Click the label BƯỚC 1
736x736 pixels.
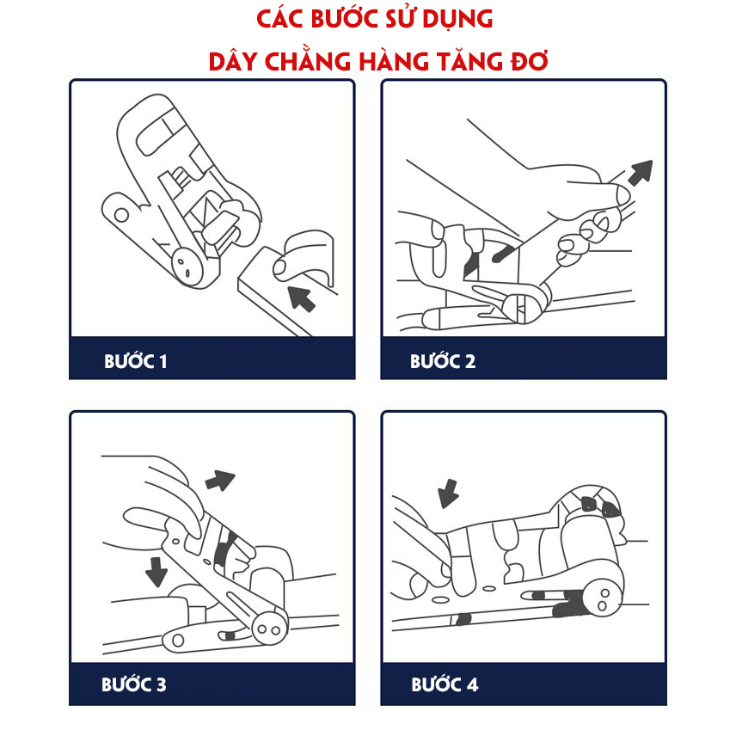tap(135, 361)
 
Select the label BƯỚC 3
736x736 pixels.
tap(133, 685)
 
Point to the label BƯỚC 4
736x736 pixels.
tap(445, 685)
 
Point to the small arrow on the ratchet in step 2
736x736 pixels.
tap(501, 253)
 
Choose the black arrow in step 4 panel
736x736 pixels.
tap(448, 493)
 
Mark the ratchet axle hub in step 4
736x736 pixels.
tap(601, 598)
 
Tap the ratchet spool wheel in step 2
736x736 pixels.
tap(523, 305)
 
